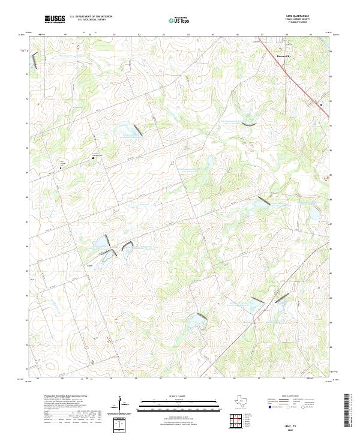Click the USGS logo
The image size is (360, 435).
[55, 19]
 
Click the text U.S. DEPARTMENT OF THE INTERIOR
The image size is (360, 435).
[91, 17]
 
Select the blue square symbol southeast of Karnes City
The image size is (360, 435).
[321, 104]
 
